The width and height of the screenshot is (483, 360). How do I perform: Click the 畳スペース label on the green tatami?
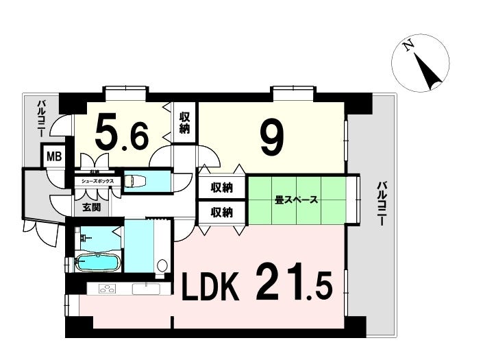coord(296,201)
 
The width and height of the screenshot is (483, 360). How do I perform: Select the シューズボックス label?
coord(98,182)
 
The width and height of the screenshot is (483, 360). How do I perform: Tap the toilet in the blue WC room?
coord(134,182)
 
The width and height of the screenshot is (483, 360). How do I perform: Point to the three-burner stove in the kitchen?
coord(108,289)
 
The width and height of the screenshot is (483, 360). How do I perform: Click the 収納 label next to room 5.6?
coord(185,123)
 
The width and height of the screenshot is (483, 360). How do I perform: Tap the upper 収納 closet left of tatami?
coord(221,187)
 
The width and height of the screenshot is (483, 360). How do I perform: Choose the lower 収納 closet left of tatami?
coord(221,212)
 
